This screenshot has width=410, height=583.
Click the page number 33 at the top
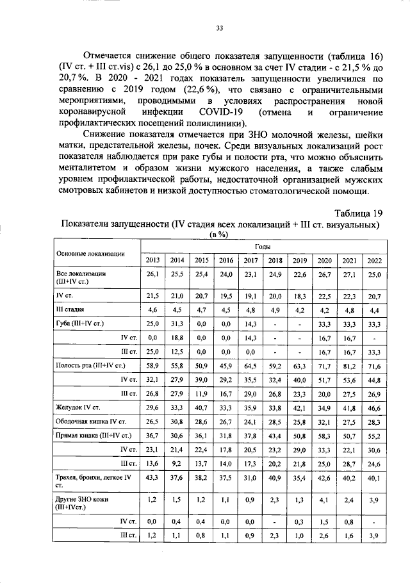coord(219,28)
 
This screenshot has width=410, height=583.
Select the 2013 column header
coord(153,260)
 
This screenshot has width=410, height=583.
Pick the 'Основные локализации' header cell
coord(90,253)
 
